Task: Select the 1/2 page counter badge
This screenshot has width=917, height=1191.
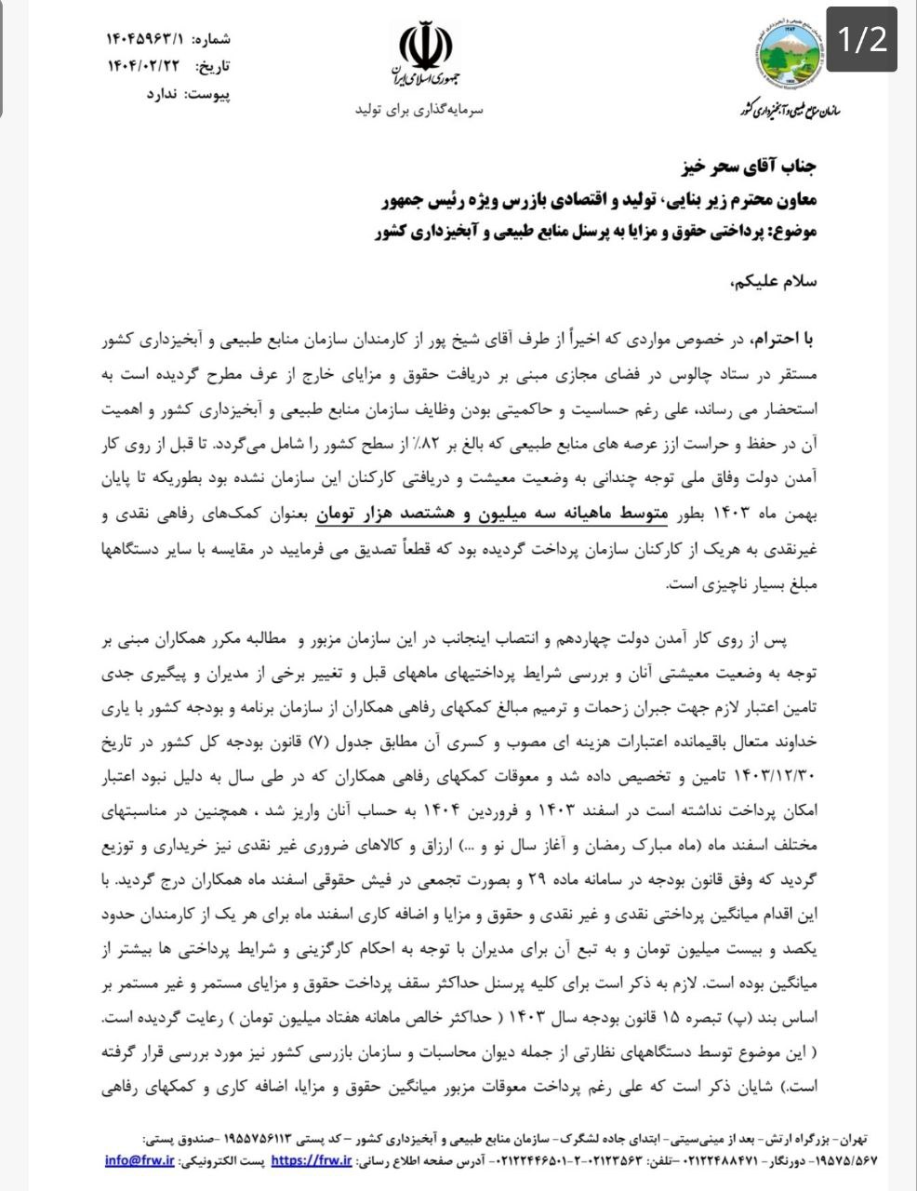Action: pos(862,39)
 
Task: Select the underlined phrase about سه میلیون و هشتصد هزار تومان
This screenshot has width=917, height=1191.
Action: pos(493,513)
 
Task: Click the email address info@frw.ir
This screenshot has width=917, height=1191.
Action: pos(140,1160)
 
